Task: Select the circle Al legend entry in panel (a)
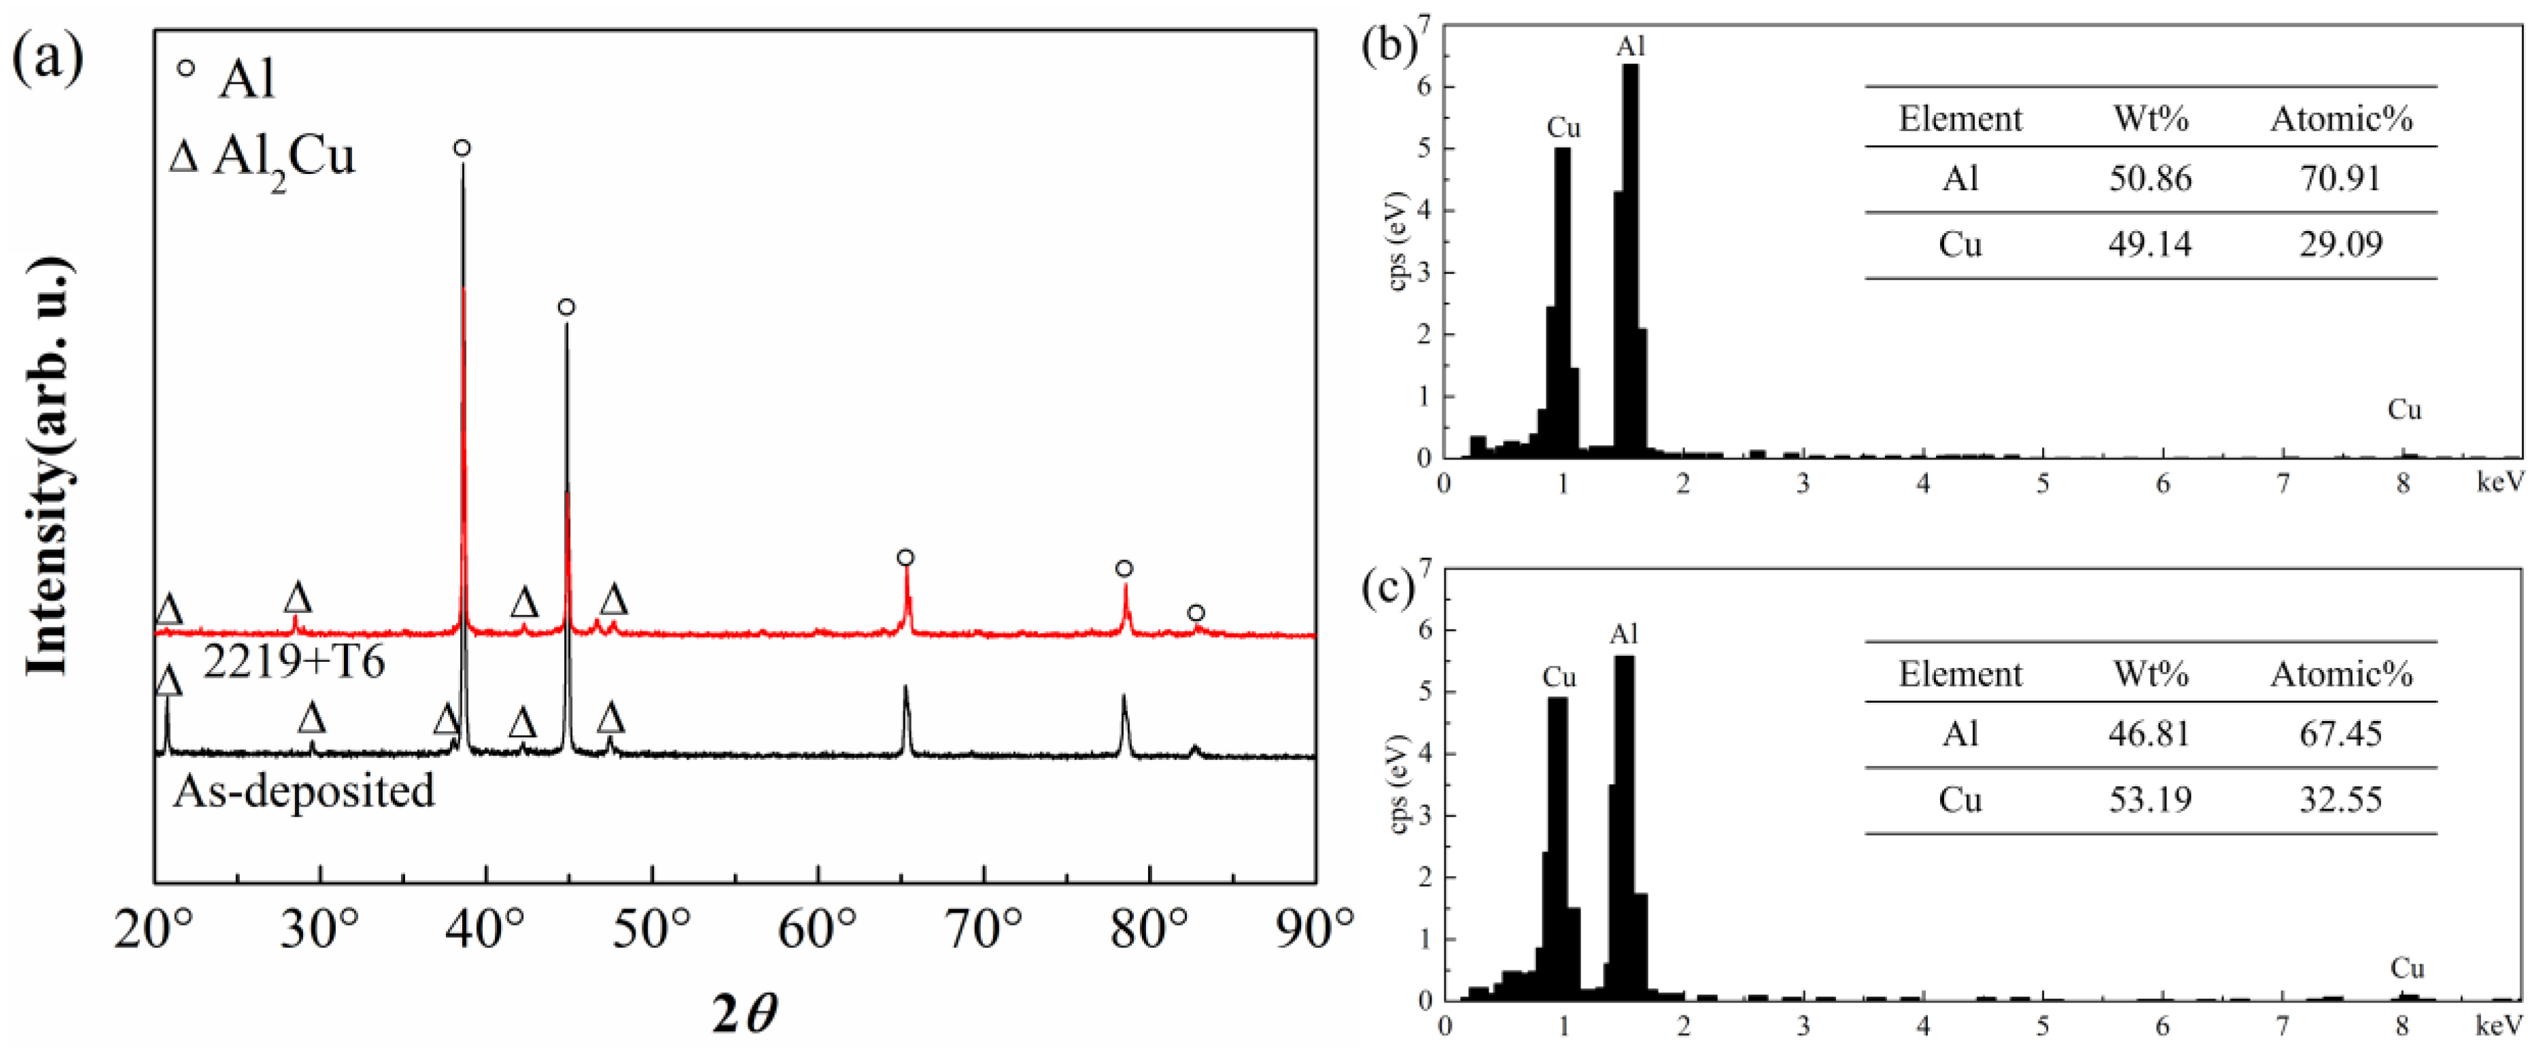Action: pos(227,77)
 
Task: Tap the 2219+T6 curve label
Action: pos(294,662)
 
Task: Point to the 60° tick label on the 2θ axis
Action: pos(817,928)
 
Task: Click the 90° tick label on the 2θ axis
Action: pos(1313,928)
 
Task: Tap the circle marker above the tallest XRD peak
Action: pos(462,148)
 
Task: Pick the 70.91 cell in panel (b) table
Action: pos(2340,179)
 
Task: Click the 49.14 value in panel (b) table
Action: pos(2150,244)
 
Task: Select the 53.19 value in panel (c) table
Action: pos(2150,799)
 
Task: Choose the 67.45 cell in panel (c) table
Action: pos(2340,734)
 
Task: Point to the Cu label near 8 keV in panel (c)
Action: pos(2407,968)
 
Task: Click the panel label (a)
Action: pos(48,57)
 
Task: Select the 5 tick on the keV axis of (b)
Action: pos(2042,484)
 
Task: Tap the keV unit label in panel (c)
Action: pos(2499,1026)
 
